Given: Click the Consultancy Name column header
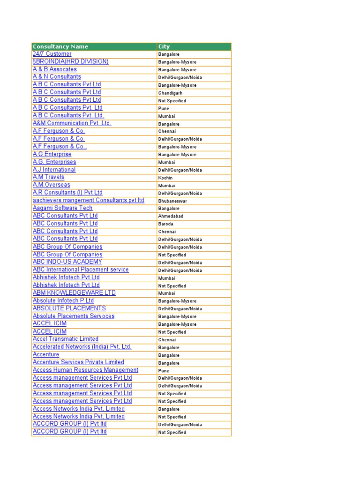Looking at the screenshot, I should coord(60,46).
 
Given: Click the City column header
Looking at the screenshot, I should coord(164,46).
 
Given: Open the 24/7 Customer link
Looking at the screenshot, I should coord(52,54).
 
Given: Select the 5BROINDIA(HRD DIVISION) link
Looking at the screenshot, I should coord(70,61).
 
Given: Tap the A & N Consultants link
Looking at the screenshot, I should coord(57,77).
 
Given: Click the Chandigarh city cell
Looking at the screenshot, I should coord(170,93).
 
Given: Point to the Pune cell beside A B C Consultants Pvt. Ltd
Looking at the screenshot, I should coord(164,108).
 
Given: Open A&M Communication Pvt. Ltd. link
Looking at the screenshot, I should coord(72,123).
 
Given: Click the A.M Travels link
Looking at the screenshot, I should coord(48,177).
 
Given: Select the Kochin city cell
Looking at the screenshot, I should coord(165,178).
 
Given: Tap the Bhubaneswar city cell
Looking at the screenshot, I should coord(172,201).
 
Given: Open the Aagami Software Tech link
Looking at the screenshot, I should coord(62,208).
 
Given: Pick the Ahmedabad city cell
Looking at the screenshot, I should coord(171,216).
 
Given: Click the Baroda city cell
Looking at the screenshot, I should coord(166,224).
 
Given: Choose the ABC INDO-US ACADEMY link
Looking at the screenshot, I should coord(67,262).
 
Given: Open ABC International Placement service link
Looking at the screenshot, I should coord(81,270).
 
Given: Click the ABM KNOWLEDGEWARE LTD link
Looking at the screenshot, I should coord(74,293).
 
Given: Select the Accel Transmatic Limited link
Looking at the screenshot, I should coord(66,339).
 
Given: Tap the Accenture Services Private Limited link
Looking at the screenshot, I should coord(78,362).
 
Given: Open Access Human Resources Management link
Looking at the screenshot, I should coord(85,370).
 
